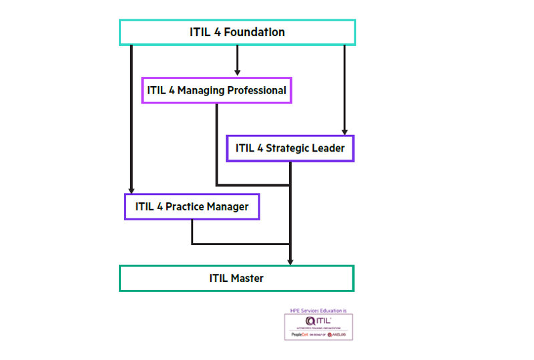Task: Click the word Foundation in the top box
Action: tap(256, 32)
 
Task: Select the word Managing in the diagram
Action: tap(202, 90)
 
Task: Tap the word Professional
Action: tap(256, 90)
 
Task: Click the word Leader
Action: tap(330, 148)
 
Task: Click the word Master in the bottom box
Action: tap(248, 278)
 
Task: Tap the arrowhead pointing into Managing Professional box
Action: tap(237, 72)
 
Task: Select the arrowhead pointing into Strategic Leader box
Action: tap(344, 131)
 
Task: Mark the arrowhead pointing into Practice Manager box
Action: tap(131, 189)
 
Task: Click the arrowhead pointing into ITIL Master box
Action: tap(290, 260)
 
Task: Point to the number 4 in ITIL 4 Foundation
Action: tap(218, 32)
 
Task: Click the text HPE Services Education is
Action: tap(318, 311)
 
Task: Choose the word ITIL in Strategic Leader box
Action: tap(244, 148)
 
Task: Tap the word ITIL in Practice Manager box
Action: tap(145, 206)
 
